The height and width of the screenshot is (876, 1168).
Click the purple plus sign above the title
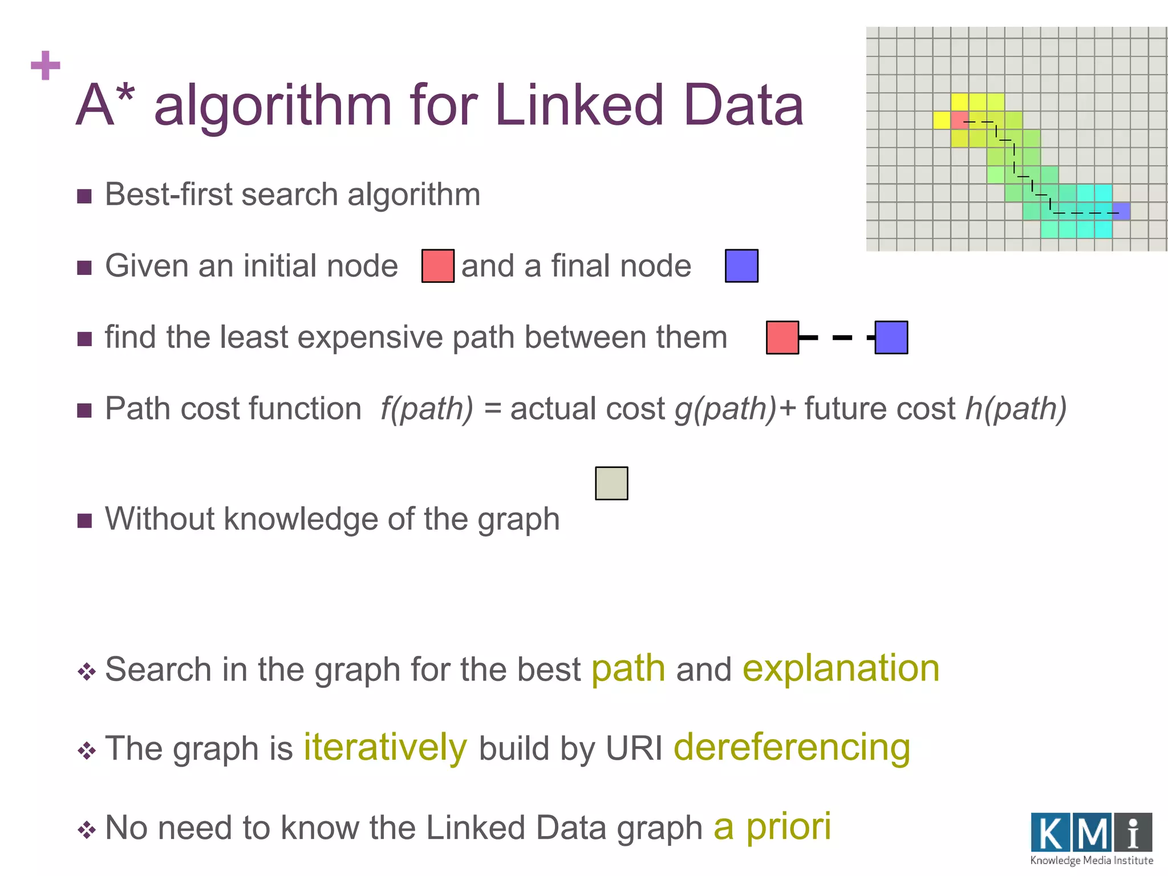coord(46,66)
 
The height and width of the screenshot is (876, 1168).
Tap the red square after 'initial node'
coord(437,266)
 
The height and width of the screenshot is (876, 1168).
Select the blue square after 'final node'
coord(741,266)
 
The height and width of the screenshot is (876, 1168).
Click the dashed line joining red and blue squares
coord(837,338)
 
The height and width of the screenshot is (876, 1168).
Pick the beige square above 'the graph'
coord(611,483)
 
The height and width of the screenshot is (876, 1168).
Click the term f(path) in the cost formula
coord(427,409)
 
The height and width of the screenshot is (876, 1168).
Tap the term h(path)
coord(1016,409)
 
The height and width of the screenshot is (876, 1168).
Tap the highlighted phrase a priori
coord(772,826)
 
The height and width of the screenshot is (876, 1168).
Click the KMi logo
coord(1091,838)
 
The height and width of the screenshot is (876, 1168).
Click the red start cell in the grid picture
coord(959,120)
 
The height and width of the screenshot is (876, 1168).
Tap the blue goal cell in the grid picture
coord(1121,211)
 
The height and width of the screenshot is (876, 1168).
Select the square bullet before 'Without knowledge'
coord(84,520)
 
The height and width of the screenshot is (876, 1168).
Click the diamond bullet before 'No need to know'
coord(87,830)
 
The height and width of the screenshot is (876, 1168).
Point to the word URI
coord(634,748)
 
